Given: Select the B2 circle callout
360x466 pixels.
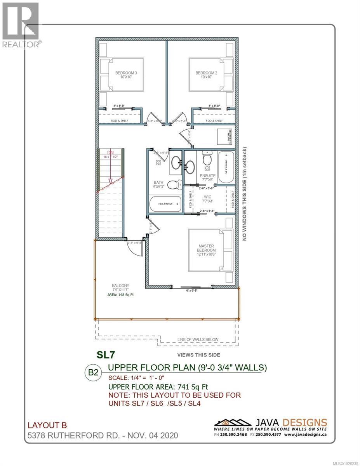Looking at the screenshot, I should pos(93,372).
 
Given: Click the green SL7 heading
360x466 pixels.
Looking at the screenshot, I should pos(105,355).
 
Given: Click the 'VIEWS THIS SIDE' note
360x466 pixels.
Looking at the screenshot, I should pos(198,355).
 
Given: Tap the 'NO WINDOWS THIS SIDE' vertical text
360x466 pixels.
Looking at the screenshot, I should pos(245,194).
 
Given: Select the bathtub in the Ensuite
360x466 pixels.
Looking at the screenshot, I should pos(226,168).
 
